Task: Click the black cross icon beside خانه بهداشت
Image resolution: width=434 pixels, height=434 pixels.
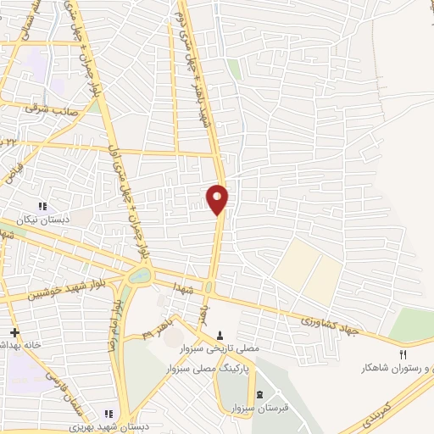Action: (x=13, y=332)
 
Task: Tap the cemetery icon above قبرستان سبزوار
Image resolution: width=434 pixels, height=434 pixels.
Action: (x=259, y=395)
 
